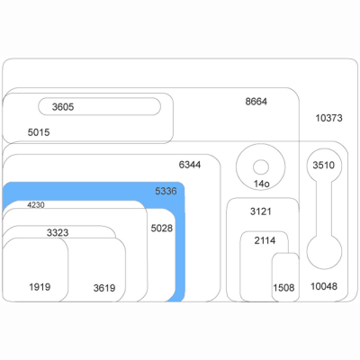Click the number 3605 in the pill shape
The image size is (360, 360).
63,107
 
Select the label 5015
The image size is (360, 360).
39,132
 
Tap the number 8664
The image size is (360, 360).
256,102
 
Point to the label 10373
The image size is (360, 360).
328,118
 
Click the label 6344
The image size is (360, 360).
190,165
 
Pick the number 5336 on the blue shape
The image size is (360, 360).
166,191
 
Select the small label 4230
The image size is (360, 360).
36,205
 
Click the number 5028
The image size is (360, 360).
162,229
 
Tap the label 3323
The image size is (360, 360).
58,232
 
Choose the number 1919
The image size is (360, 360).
40,287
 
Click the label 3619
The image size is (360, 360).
104,288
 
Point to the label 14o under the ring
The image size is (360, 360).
262,184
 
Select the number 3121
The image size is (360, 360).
261,211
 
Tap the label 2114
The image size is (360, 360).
265,240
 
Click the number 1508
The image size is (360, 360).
283,288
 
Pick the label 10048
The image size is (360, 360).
324,286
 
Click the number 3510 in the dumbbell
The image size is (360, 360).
324,165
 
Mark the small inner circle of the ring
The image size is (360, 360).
261,167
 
